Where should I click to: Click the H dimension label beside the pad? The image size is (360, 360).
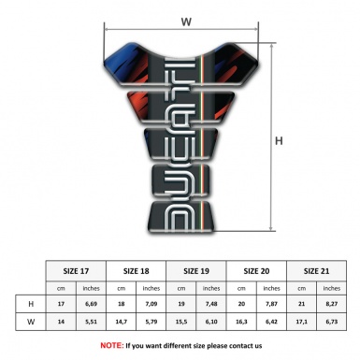click(279, 141)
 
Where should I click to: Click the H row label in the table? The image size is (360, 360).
click(32, 304)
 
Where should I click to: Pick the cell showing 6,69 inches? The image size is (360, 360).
click(90, 304)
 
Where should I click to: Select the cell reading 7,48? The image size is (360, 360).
click(211, 304)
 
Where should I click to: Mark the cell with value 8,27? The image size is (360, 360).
click(330, 304)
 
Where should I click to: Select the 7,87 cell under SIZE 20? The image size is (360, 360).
click(271, 304)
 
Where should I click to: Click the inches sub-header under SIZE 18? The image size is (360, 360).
click(151, 288)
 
